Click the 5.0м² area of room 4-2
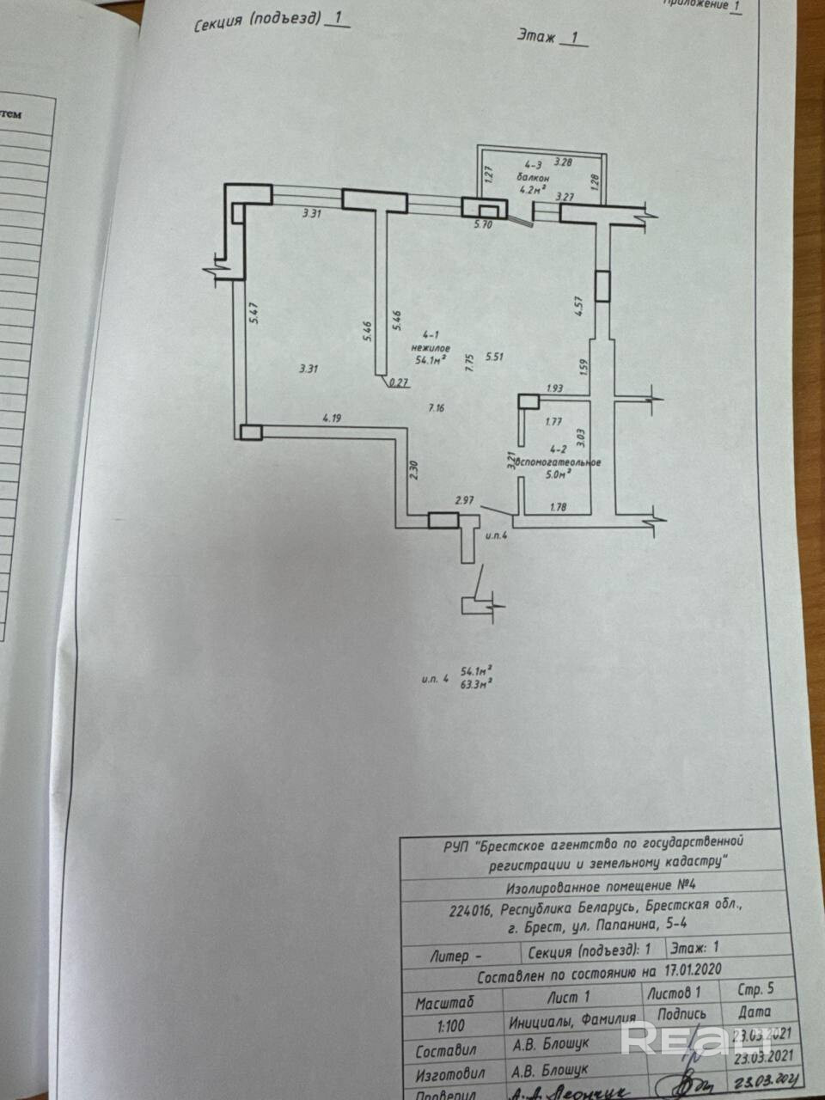point(559,474)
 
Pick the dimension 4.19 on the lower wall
point(333,419)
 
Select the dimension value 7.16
point(437,409)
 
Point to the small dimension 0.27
point(399,383)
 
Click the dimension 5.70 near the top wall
point(484,224)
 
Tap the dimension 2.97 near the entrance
point(465,499)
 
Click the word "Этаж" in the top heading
point(536,35)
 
